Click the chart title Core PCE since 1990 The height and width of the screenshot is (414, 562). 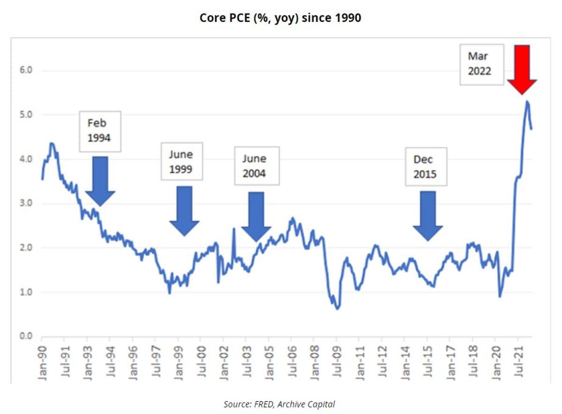point(280,18)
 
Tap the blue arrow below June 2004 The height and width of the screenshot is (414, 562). point(256,215)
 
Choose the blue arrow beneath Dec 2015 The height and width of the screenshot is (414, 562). point(428,214)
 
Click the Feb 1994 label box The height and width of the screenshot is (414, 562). point(100,131)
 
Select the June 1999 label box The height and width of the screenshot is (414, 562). point(182,162)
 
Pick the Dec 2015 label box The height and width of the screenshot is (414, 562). point(426,167)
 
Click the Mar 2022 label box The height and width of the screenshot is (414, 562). point(481,65)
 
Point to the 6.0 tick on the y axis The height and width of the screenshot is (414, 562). point(24,70)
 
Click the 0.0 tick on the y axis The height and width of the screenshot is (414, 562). point(24,336)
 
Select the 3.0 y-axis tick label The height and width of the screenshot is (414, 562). point(24,203)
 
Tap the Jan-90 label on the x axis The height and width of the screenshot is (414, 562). point(43,358)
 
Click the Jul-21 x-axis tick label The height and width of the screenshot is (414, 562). point(519,358)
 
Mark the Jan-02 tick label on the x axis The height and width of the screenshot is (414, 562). point(224,358)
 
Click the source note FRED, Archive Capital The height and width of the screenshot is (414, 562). point(279,404)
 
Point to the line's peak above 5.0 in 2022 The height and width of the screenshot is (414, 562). point(527,101)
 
